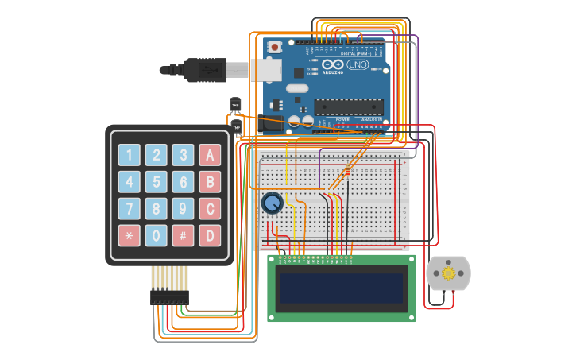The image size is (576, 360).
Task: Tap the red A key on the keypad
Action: pos(210,155)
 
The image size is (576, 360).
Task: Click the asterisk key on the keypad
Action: pos(130,235)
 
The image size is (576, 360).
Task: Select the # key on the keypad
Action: pos(183,235)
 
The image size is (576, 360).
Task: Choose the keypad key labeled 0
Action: pos(157,235)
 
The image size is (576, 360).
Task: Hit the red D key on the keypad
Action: pos(210,235)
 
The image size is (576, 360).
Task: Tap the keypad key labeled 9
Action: pos(183,208)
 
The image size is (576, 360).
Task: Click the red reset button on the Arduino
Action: pos(275,48)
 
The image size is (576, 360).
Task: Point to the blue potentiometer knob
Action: pos(272,203)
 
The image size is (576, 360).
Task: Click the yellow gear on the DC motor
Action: pos(448,273)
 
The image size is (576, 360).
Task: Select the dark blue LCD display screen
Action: pos(342,288)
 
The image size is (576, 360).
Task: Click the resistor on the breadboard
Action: pos(346,172)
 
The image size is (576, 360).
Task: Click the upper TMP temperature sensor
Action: pos(235,104)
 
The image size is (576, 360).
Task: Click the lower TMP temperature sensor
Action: pos(236,127)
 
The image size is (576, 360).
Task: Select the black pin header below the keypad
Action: pos(169,297)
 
